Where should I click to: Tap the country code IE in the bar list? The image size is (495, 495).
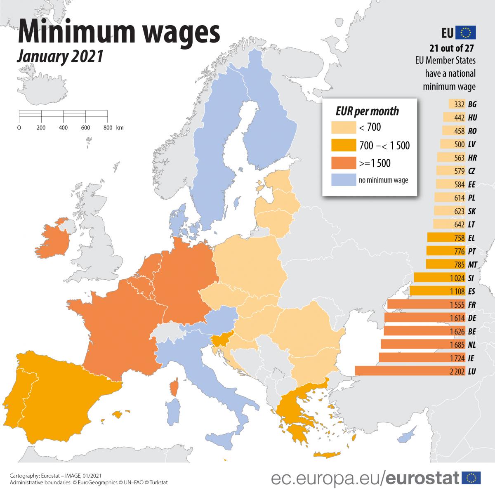(472, 358)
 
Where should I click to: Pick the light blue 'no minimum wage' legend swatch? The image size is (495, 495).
(343, 180)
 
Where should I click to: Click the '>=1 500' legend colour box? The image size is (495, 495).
(343, 163)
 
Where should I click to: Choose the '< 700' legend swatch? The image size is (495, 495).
(343, 128)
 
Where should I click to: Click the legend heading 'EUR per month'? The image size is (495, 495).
(367, 111)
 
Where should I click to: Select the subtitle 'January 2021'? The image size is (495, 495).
(59, 57)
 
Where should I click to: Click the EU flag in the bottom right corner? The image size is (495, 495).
(471, 478)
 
